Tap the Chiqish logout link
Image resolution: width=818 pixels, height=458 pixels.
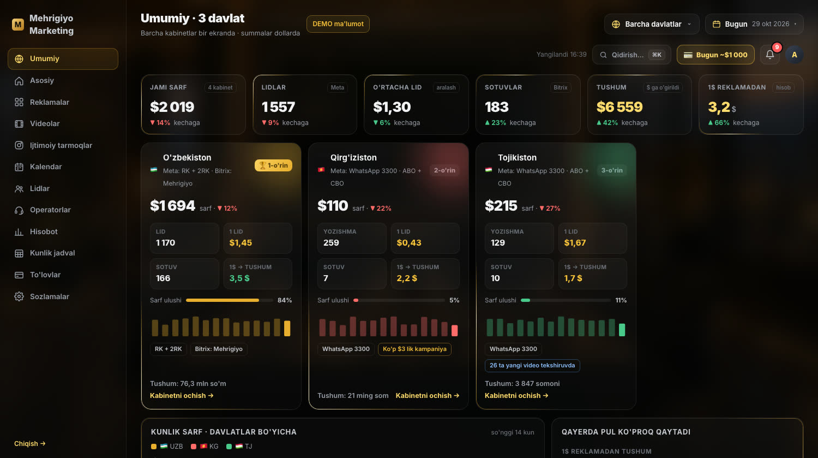(x=29, y=443)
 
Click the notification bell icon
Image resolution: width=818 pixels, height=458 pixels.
(x=770, y=55)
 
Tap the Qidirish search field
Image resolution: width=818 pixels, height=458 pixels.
(x=631, y=55)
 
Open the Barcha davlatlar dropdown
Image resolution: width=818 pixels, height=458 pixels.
(x=652, y=24)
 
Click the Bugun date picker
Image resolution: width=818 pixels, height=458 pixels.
(x=754, y=24)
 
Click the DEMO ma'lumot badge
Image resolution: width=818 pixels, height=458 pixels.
(x=338, y=24)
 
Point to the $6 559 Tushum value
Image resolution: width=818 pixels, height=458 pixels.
(x=619, y=107)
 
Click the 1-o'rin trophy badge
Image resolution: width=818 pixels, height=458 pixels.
(x=273, y=165)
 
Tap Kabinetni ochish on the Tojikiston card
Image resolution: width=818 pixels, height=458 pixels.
(x=516, y=395)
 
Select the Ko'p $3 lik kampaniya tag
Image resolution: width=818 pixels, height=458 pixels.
(x=414, y=349)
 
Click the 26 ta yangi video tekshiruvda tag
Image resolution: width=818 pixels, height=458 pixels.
(x=532, y=366)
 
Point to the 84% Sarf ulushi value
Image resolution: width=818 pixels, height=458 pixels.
(x=285, y=300)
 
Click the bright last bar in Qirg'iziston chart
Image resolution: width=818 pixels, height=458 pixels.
(x=454, y=330)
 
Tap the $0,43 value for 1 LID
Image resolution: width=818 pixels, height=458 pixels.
(x=409, y=243)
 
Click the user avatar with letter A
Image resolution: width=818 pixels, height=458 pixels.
(x=794, y=55)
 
